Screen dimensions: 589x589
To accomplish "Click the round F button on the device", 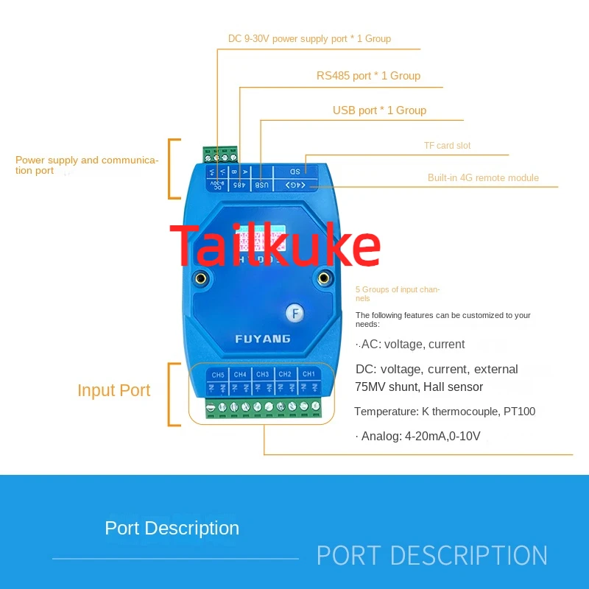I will (294, 313).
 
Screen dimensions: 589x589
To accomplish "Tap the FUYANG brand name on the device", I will (263, 339).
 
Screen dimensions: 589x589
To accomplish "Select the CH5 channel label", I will (218, 375).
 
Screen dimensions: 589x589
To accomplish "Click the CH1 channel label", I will (308, 375).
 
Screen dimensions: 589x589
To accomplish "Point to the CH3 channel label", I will (263, 375).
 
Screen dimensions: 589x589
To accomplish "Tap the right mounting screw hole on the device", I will (323, 278).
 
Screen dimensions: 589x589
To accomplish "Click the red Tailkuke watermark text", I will (275, 247).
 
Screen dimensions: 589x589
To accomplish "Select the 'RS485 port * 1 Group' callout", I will (368, 76).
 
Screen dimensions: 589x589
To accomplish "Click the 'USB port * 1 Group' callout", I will (379, 110).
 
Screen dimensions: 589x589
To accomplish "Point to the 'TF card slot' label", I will (447, 146).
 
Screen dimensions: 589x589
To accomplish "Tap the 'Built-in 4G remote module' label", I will (483, 177).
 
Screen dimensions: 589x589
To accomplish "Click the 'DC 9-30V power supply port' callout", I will (309, 39).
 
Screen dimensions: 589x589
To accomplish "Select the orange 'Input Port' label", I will (113, 391).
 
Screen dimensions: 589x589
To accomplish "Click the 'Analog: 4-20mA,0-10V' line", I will (417, 437).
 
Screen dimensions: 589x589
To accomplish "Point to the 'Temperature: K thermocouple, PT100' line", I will (445, 412).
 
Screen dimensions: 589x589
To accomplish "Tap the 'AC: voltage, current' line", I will (410, 345).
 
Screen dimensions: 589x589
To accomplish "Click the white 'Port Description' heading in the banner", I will (172, 528).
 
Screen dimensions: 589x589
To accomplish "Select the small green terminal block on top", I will (221, 155).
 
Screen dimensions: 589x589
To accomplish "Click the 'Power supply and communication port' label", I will (87, 165).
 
